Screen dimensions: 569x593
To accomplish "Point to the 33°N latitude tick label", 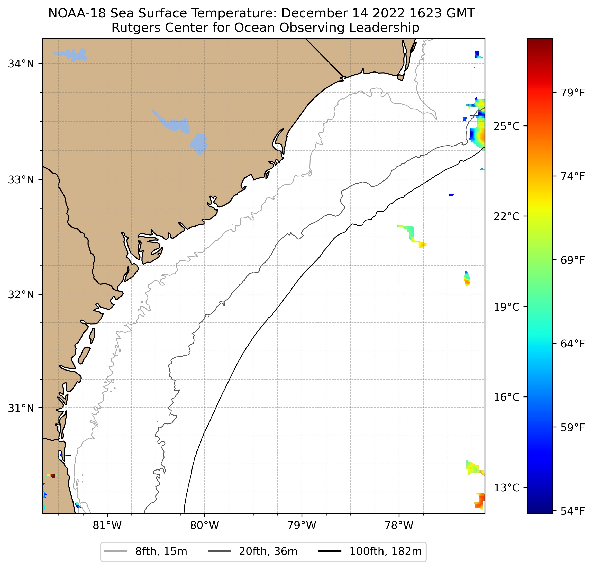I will click(x=21, y=180).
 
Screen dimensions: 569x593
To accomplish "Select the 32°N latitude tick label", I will click(x=21, y=294).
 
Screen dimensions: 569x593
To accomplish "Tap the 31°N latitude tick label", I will click(x=21, y=408).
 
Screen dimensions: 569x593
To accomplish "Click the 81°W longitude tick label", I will click(x=107, y=526).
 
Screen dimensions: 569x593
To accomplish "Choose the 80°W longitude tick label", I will click(x=205, y=526).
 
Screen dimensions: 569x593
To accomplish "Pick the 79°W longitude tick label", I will click(x=302, y=526).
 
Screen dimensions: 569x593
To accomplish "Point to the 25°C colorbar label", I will click(x=506, y=126).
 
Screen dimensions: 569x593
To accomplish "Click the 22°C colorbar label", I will click(x=506, y=216).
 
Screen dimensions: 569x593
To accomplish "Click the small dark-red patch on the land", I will click(x=53, y=476).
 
